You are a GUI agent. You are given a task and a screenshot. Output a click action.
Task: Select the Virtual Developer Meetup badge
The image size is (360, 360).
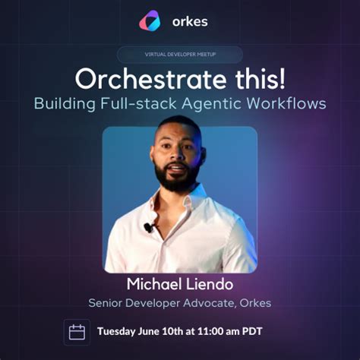tap(180, 55)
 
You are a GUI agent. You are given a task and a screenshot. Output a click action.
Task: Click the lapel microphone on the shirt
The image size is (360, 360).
tap(148, 227)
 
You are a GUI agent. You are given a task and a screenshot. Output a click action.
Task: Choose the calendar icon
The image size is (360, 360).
tap(77, 332)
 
